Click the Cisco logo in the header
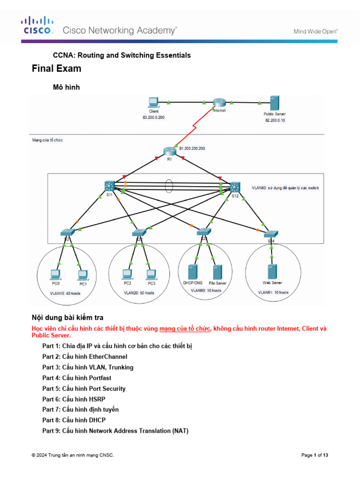coord(38,26)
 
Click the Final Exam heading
coord(56,68)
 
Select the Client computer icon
coord(153,102)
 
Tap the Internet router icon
coord(219,103)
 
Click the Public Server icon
coord(274,103)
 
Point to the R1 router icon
coord(169,151)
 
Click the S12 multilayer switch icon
coord(234,187)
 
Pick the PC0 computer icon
coord(55,274)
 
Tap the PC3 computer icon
coord(151,274)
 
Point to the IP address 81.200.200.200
coord(192,148)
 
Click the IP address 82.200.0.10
coord(275,120)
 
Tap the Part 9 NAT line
coord(115,430)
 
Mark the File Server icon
coord(217,272)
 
